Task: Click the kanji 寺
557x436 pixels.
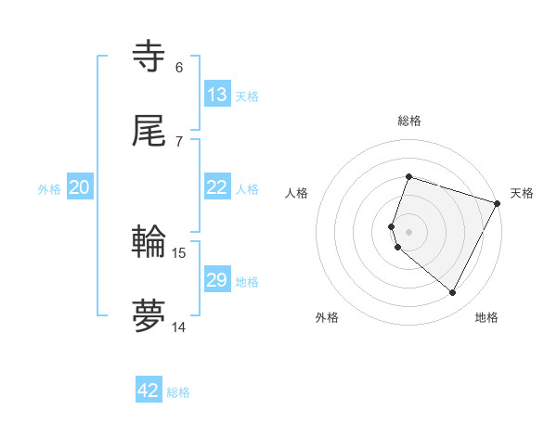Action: pyautogui.click(x=149, y=58)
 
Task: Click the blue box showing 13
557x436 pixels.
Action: pyautogui.click(x=217, y=95)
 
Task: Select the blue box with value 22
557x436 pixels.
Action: pyautogui.click(x=217, y=187)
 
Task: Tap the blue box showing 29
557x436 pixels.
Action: pyautogui.click(x=217, y=280)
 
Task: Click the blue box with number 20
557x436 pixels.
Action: pyautogui.click(x=80, y=187)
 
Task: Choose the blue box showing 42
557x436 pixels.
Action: pyautogui.click(x=149, y=391)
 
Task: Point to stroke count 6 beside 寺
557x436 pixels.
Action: pyautogui.click(x=179, y=67)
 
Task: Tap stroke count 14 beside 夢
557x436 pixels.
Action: pyautogui.click(x=179, y=327)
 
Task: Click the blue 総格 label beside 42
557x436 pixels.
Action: pyautogui.click(x=178, y=392)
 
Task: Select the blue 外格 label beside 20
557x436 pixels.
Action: pyautogui.click(x=49, y=189)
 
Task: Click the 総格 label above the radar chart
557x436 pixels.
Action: pyautogui.click(x=409, y=121)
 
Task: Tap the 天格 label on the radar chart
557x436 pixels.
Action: pyautogui.click(x=522, y=193)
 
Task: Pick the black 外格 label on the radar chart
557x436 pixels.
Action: pyautogui.click(x=327, y=317)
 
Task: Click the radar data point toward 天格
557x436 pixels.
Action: pyautogui.click(x=498, y=203)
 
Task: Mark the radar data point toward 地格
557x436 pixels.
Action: pyautogui.click(x=453, y=293)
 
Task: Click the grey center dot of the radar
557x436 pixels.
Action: pyautogui.click(x=409, y=232)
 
